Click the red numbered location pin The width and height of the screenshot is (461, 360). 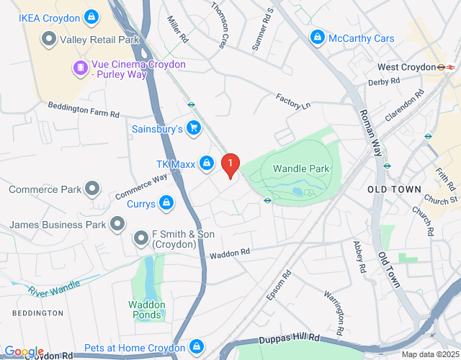[230, 166]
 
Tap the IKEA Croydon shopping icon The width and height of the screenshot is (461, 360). [91, 15]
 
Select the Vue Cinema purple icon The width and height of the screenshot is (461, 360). [80, 68]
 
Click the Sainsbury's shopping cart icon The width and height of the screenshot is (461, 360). [192, 128]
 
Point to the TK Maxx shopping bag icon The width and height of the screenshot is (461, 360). [207, 163]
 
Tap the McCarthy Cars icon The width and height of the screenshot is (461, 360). [316, 37]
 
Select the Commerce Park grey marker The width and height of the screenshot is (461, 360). [92, 189]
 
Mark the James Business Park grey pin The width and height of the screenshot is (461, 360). [117, 225]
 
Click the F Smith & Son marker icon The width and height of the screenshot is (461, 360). [141, 237]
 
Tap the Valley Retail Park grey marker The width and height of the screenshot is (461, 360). [49, 39]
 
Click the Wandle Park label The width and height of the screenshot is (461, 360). [301, 168]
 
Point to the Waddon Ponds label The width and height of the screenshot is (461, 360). [147, 310]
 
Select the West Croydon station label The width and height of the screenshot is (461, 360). [406, 67]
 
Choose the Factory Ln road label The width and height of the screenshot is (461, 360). [293, 102]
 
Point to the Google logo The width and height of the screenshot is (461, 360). [24, 352]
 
